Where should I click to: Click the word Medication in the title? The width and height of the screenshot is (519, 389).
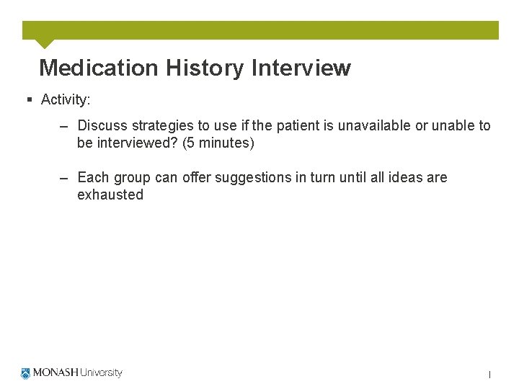(x=98, y=68)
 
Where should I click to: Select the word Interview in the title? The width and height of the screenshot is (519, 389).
(x=301, y=68)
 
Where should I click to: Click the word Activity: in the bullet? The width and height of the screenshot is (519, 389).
(x=66, y=99)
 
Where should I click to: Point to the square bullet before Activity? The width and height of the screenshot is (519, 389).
(x=29, y=99)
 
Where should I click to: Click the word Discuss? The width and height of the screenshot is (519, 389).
(x=102, y=125)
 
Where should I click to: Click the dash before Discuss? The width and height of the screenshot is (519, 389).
(x=64, y=126)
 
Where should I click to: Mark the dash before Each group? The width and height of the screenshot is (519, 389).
(x=64, y=178)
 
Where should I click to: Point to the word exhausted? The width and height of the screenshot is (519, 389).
(x=110, y=194)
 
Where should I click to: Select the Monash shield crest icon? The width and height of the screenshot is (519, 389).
(x=26, y=373)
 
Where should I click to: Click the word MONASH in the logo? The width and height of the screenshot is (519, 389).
(x=55, y=373)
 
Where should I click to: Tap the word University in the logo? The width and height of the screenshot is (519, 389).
(x=101, y=373)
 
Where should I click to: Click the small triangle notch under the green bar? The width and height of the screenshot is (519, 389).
(x=45, y=43)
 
